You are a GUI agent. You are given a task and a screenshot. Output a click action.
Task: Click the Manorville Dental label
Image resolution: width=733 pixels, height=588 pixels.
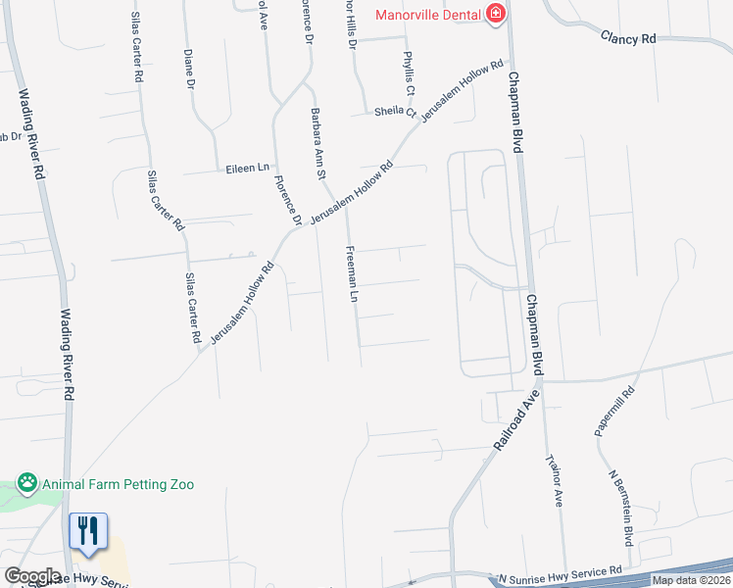click(429, 14)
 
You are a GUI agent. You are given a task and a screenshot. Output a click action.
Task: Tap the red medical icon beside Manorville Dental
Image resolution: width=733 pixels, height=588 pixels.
click(496, 13)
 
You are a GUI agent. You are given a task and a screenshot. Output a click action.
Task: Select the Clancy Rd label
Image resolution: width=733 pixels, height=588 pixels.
click(627, 37)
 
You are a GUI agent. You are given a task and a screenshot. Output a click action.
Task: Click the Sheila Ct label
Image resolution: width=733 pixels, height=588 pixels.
click(395, 112)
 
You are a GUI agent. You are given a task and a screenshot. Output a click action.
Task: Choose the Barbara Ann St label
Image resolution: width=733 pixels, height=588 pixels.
click(318, 143)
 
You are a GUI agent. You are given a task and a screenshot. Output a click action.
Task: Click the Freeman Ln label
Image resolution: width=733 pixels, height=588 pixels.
click(349, 272)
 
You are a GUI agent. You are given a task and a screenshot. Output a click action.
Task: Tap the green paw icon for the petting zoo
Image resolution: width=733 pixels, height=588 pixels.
click(26, 484)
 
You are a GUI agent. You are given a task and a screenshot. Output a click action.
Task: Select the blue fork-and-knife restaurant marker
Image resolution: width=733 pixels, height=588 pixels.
click(88, 532)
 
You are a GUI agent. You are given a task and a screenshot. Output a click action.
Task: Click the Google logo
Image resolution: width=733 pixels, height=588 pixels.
click(32, 576)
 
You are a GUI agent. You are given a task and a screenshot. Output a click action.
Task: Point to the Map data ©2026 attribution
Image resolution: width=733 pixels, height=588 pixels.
click(691, 580)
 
